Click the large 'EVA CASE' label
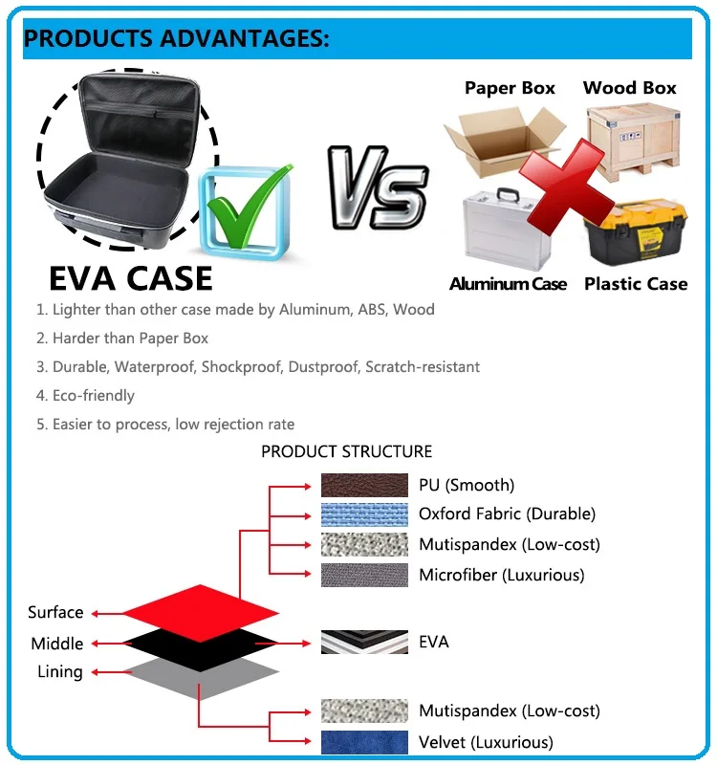[x=130, y=278]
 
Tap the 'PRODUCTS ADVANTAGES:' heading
[x=176, y=39]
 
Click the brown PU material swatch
[x=364, y=485]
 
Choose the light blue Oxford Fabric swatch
[x=364, y=514]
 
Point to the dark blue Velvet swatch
[x=364, y=742]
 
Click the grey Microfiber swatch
[x=364, y=575]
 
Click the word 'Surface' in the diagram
[x=55, y=613]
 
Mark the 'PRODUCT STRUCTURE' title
[x=346, y=451]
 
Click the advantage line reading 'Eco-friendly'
[x=93, y=396]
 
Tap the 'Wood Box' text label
[x=629, y=88]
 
